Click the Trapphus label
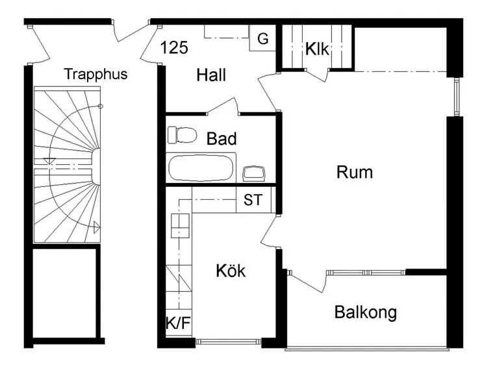96,74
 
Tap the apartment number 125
174,47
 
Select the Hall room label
211,76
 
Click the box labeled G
262,39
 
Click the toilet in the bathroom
182,135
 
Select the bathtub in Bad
201,167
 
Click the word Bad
221,138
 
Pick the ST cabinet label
253,200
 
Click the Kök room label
231,271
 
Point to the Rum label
355,173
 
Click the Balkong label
365,313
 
